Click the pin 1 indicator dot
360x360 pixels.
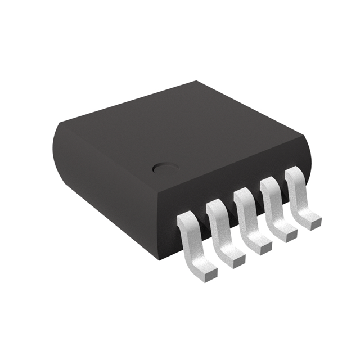tap(163, 168)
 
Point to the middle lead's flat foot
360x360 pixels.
tap(259, 241)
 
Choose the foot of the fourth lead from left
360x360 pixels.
tap(285, 229)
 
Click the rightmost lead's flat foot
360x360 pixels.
tap(308, 218)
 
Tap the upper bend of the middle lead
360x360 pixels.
tap(242, 195)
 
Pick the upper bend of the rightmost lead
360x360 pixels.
tap(293, 175)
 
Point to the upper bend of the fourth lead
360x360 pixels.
tap(269, 185)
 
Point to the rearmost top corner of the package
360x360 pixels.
tap(194, 83)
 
